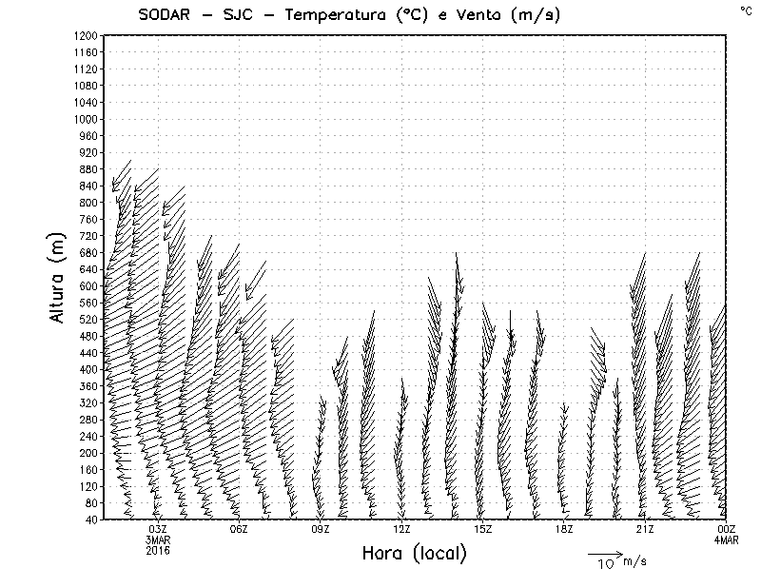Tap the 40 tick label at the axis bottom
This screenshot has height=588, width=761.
coord(92,519)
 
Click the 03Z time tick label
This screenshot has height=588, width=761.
coord(158,529)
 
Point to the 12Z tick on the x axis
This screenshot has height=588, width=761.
coord(401,529)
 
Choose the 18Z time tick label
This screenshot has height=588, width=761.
coord(564,529)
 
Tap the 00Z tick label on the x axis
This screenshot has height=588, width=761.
coord(727,529)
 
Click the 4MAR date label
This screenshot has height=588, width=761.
coord(727,539)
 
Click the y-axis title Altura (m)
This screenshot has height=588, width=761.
coord(59,277)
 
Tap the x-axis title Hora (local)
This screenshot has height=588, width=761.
coord(415,554)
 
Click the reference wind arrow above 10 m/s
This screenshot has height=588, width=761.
coord(604,553)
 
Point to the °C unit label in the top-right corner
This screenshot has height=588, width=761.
coord(745,10)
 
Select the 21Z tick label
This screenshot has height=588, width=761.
coord(645,529)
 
